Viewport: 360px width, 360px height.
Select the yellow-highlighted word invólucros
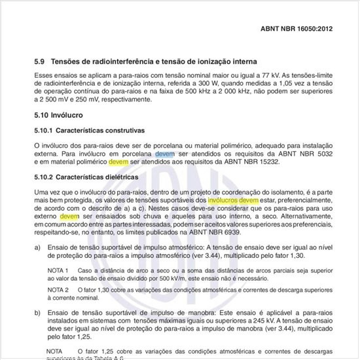click(x=223, y=198)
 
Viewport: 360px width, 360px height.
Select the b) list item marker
click(x=37, y=314)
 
